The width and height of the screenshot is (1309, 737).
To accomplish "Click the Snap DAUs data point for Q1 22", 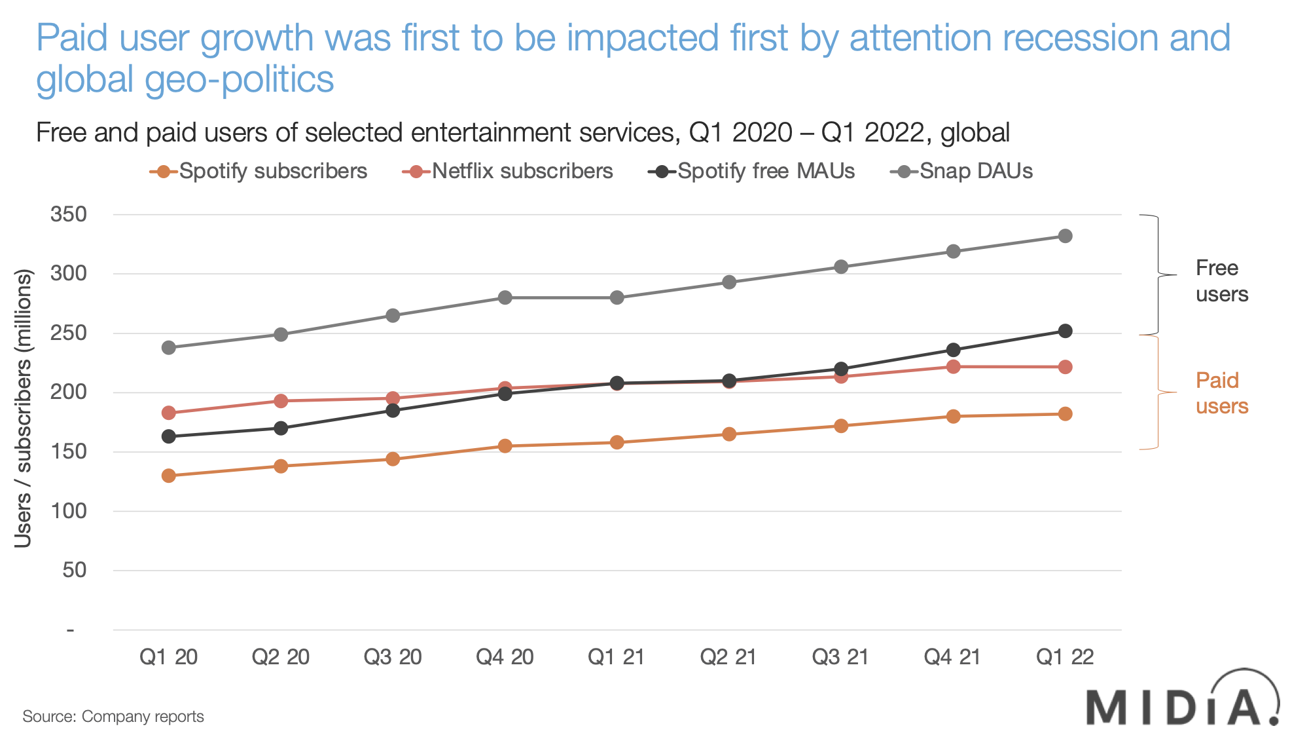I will click(1065, 236).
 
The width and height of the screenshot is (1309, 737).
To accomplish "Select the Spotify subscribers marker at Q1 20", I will click(169, 476).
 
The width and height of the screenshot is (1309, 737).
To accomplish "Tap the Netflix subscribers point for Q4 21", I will click(953, 366).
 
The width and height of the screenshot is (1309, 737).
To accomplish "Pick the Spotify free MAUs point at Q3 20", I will click(393, 411).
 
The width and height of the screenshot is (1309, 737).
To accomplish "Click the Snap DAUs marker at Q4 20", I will click(505, 298).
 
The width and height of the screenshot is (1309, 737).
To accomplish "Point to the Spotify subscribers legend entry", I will click(259, 172).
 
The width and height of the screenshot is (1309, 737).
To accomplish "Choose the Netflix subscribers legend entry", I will click(509, 172).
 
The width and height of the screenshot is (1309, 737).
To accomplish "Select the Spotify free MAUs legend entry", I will click(752, 172).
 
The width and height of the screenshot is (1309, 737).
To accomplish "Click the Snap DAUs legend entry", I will click(962, 172).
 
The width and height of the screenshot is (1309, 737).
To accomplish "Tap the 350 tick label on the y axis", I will click(69, 214).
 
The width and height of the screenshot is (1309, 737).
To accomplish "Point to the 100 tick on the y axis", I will click(69, 511).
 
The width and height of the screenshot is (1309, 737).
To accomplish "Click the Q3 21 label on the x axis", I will click(840, 656).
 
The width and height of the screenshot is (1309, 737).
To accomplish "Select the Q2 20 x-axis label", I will click(281, 656).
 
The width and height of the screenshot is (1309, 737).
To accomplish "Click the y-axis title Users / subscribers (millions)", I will click(24, 407).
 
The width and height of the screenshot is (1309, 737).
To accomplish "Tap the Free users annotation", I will click(1221, 281).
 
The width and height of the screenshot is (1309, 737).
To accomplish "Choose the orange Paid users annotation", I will click(1221, 393).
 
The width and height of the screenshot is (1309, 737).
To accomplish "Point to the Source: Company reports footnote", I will click(113, 717).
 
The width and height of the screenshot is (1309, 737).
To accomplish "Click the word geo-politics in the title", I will click(239, 79).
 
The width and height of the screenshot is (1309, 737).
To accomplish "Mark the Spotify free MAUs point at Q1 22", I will click(1065, 331).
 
